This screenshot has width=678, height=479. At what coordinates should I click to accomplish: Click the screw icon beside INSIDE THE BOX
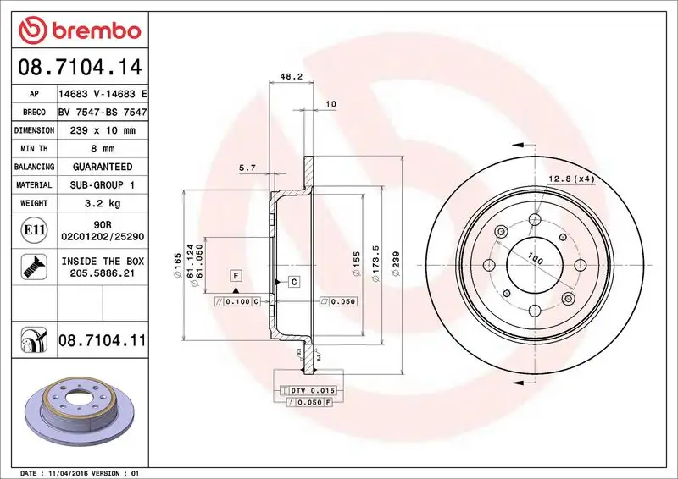(28, 267)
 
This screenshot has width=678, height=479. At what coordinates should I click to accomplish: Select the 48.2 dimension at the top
(291, 76)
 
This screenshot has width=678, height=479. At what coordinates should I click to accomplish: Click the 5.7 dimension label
(247, 168)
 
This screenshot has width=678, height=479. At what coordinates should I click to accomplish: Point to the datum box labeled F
(235, 275)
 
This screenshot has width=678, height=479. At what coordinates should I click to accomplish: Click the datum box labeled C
(293, 281)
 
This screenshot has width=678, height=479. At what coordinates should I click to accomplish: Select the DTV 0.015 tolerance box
(309, 390)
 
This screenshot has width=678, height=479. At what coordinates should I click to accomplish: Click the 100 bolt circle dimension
(535, 258)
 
